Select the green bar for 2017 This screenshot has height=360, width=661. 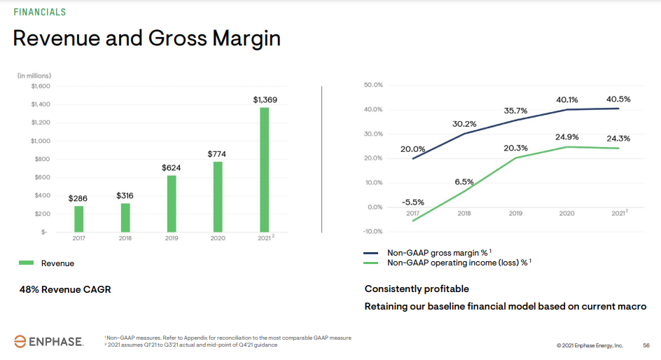coord(79,219)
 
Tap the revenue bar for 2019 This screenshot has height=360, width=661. coord(172,203)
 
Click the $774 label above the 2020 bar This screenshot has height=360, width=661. coord(217,153)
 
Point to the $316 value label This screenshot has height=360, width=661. coord(125,195)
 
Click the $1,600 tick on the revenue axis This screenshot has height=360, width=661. coord(41,86)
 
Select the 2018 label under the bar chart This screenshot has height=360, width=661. coord(125,239)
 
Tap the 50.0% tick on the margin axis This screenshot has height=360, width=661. coord(373,85)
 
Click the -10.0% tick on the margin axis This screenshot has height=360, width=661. coord(373,232)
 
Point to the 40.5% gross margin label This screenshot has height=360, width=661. coord(618,99)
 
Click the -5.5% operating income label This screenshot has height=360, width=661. coord(412,202)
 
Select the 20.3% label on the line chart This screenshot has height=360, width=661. coord(515,148)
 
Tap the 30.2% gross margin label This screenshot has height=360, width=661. coord(464,124)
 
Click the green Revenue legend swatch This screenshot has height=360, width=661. coord(26,263)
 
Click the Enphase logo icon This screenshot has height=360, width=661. coord(21,341)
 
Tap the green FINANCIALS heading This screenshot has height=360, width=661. coord(40,12)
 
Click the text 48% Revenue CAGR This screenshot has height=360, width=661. coord(65,289)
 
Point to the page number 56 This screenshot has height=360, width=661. coord(646,345)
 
